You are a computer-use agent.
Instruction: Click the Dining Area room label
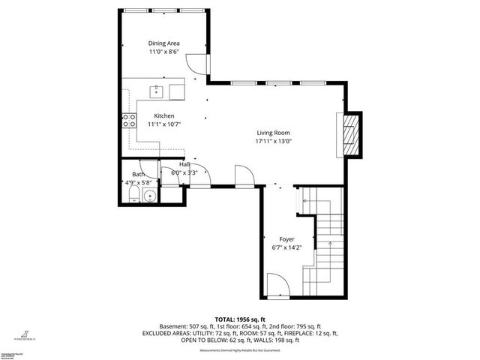pos(163,43)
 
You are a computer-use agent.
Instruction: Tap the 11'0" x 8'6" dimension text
pos(163,52)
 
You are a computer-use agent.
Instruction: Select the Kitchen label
pos(164,115)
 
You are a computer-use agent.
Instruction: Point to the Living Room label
pos(273,132)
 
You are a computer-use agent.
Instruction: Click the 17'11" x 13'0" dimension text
pos(273,140)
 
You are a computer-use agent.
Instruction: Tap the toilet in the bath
pos(133,197)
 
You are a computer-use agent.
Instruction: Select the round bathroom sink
pos(149,197)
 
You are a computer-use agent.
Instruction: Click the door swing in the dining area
pos(193,66)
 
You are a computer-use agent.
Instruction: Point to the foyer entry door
pos(275,286)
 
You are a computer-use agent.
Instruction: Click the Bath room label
pos(138,173)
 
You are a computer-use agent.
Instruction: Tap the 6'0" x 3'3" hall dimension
pos(184,172)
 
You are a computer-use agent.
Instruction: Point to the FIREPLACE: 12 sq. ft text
pos(309,333)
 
